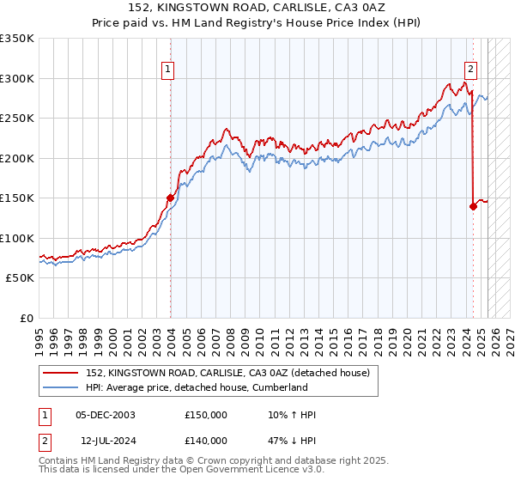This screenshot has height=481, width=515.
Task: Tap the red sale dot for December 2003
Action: (x=170, y=198)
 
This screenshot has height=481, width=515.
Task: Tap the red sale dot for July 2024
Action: (x=473, y=206)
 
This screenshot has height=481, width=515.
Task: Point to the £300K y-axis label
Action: (x=16, y=78)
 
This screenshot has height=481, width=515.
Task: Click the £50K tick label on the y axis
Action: (x=19, y=278)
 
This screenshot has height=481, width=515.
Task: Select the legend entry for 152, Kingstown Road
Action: (x=227, y=373)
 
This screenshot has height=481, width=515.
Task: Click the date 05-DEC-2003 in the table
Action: (x=106, y=415)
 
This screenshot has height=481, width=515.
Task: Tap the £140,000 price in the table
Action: (x=206, y=440)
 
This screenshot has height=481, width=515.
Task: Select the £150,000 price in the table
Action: (x=206, y=415)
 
